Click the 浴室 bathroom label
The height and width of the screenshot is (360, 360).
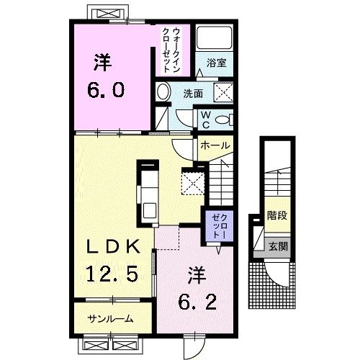click(216, 63)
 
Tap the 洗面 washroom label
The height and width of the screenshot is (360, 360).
click(193, 94)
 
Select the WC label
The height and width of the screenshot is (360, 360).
click(205, 120)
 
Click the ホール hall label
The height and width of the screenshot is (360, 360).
click(215, 145)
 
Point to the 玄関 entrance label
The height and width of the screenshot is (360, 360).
click(278, 246)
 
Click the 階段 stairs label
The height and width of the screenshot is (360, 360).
click(277, 215)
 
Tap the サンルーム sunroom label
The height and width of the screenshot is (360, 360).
click(110, 319)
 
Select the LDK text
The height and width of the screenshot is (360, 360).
click(113, 246)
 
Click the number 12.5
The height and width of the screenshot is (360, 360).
click(112, 274)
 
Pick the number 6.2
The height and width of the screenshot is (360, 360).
click(197, 302)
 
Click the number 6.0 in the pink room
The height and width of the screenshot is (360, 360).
click(106, 90)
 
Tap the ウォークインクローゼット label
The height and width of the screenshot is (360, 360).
click(171, 50)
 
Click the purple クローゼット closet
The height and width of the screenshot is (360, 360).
click(220, 226)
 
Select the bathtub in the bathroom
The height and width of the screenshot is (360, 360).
click(214, 37)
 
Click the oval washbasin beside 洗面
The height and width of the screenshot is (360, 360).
click(163, 91)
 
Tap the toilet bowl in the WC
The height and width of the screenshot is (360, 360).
click(222, 120)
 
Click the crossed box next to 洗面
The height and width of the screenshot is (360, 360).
click(223, 92)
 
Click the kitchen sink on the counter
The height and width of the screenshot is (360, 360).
click(150, 210)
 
